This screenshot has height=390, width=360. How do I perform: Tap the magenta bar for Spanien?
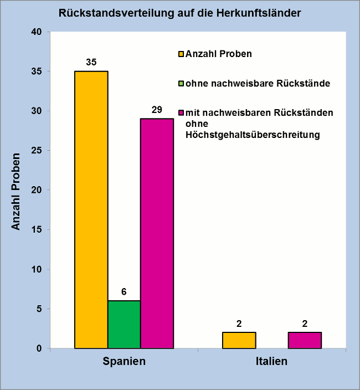pos(157,233)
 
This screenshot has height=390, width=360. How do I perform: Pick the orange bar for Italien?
pos(239,340)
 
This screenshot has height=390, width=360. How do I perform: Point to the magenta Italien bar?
pos(305,340)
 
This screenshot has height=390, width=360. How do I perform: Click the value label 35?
pos(91,62)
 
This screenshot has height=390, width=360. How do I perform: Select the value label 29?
pos(157,109)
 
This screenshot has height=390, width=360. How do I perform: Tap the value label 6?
pos(124,291)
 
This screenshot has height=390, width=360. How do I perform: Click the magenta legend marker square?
pos(181,113)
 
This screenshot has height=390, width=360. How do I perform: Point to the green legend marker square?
pos(181,84)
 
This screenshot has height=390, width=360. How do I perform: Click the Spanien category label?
pos(124,362)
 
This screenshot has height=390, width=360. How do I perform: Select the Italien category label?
pos(272,362)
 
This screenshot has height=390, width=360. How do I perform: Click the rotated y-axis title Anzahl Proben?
pos(17,191)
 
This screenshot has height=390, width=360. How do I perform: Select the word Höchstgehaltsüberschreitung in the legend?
pos(253,134)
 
